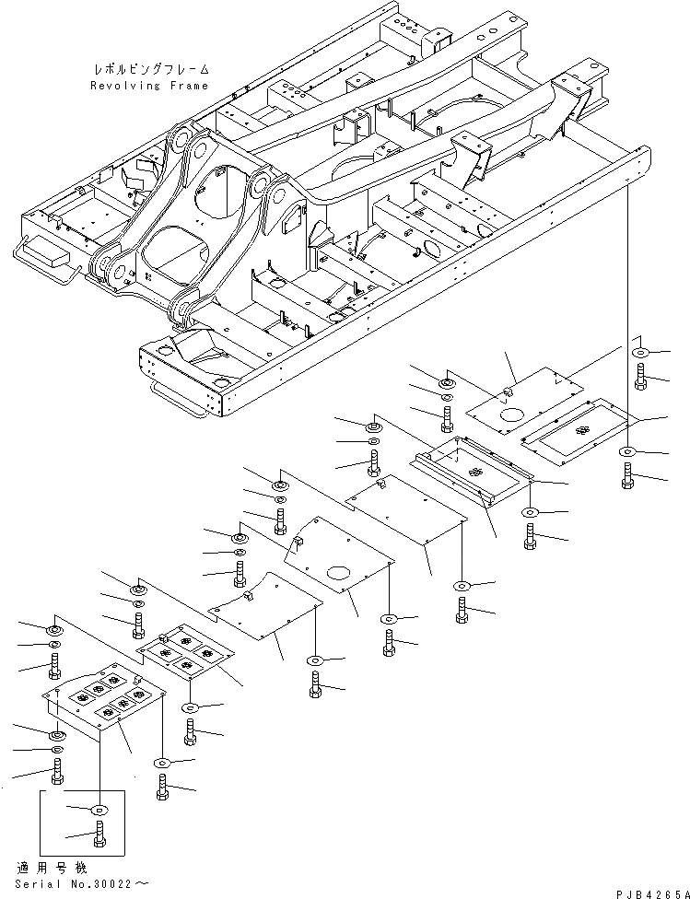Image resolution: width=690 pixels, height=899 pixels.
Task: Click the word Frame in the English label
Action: (x=188, y=85)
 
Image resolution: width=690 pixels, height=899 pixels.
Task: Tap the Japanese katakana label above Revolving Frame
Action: (x=150, y=69)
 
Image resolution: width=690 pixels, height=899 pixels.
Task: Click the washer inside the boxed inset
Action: (x=99, y=809)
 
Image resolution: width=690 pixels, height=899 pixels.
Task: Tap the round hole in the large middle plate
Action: (x=342, y=574)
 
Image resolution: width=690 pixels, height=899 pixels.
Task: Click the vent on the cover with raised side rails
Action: (x=476, y=471)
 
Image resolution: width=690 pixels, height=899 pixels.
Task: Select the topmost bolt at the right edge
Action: (x=639, y=375)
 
